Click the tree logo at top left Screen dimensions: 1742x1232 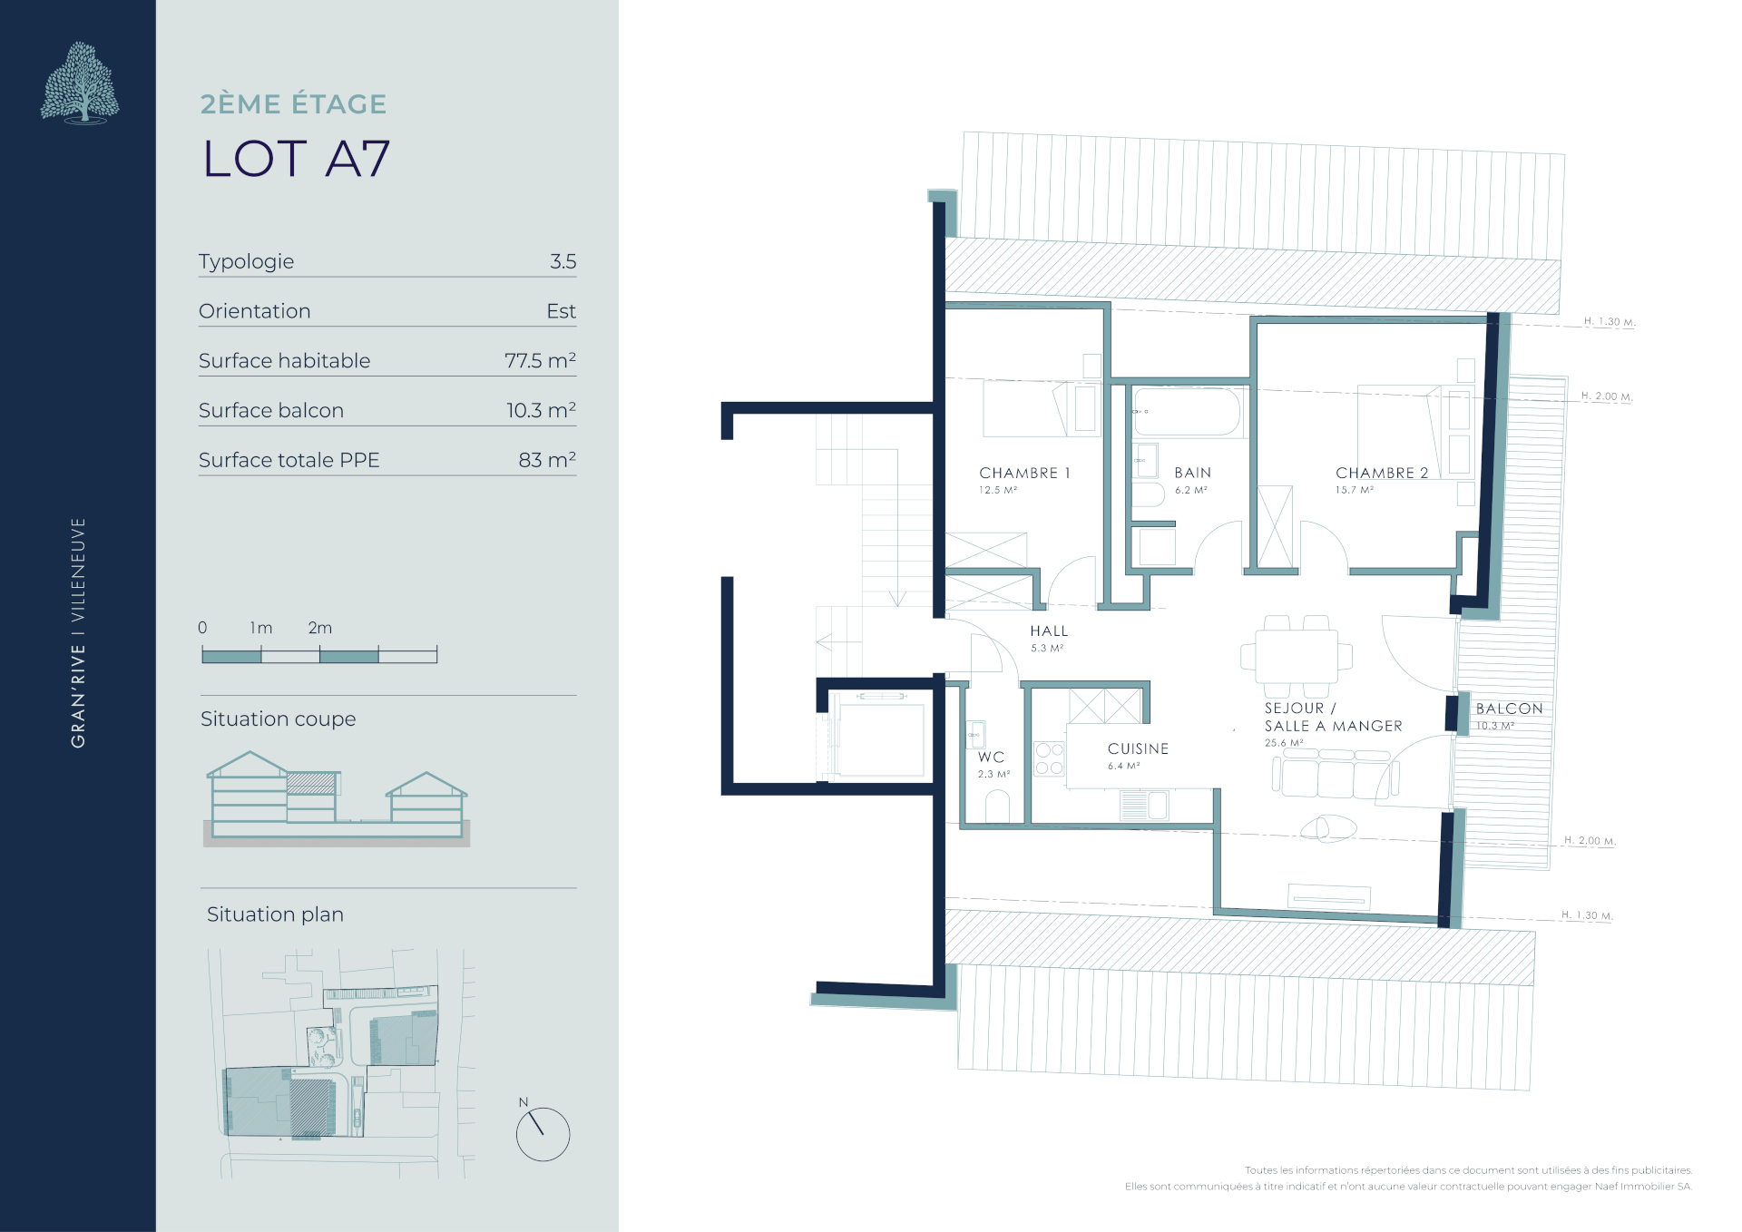click(x=80, y=83)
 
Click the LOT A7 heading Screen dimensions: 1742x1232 click(x=297, y=159)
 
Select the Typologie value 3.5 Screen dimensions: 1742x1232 click(x=563, y=261)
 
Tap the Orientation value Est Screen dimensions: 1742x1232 click(x=562, y=311)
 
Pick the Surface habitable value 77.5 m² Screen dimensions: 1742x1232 click(x=541, y=360)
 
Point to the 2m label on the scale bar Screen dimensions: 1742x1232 click(x=320, y=628)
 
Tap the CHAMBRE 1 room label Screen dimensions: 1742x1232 click(x=1024, y=473)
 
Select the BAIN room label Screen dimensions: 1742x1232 click(x=1192, y=473)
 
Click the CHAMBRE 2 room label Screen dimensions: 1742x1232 click(x=1382, y=473)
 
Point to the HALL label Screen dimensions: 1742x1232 click(x=1049, y=631)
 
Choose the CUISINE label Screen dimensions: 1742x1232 click(x=1138, y=748)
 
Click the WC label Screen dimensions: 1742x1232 click(x=991, y=757)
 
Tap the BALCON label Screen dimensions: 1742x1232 click(x=1509, y=709)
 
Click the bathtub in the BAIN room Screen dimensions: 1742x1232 click(x=1187, y=412)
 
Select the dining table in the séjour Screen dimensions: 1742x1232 click(x=1297, y=656)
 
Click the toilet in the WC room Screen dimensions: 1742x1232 click(x=997, y=806)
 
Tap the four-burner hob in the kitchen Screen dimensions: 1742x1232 click(x=1050, y=758)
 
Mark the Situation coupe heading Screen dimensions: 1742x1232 click(x=279, y=719)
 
